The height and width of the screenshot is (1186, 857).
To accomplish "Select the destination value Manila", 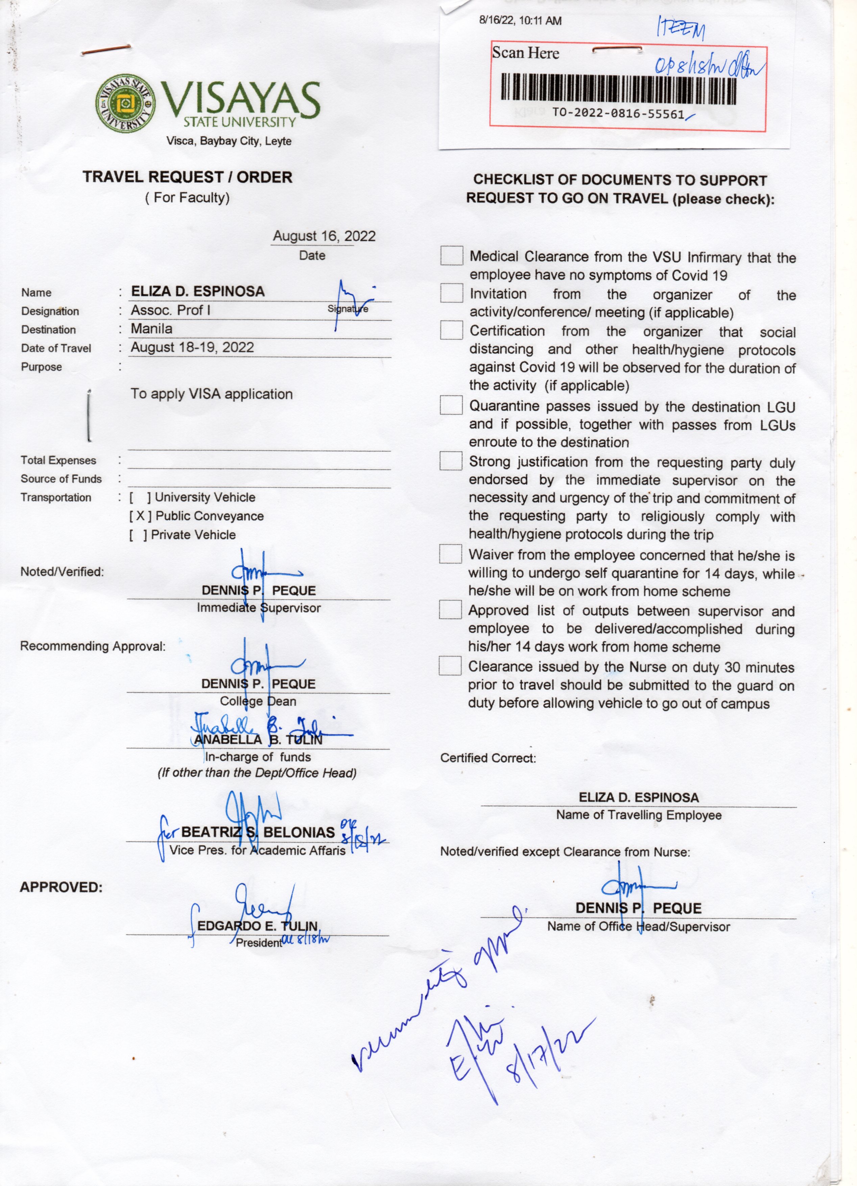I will [151, 329].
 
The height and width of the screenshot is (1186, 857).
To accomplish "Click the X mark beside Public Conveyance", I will [141, 516].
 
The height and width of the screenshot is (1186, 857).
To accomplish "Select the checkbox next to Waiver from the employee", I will [450, 554].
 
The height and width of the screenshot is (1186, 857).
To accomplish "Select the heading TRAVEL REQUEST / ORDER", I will [187, 177].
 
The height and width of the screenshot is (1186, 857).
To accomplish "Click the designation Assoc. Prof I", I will [170, 310].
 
